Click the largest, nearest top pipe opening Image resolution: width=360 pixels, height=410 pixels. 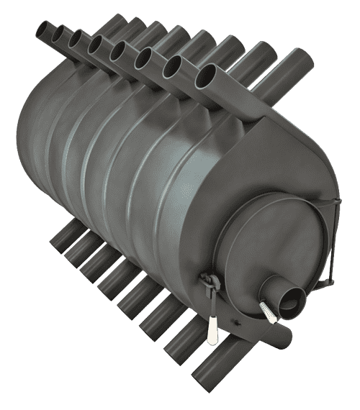pyautogui.click(x=208, y=73)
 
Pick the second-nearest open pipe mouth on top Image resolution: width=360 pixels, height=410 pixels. pyautogui.click(x=176, y=66)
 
